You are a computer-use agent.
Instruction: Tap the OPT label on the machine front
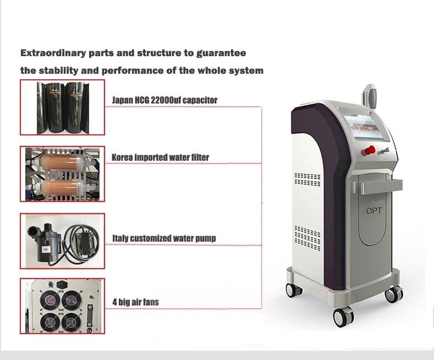pyautogui.click(x=374, y=211)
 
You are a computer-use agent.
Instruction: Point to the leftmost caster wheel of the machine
pyautogui.click(x=289, y=290)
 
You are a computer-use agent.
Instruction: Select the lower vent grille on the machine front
pyautogui.click(x=307, y=238)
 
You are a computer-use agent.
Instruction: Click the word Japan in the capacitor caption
pyautogui.click(x=122, y=100)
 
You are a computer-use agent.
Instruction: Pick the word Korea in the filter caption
pyautogui.click(x=122, y=157)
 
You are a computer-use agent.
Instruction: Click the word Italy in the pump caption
pyautogui.click(x=120, y=238)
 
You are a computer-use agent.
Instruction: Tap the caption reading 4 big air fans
pyautogui.click(x=135, y=302)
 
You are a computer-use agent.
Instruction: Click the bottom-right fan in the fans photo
pyautogui.click(x=70, y=321)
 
